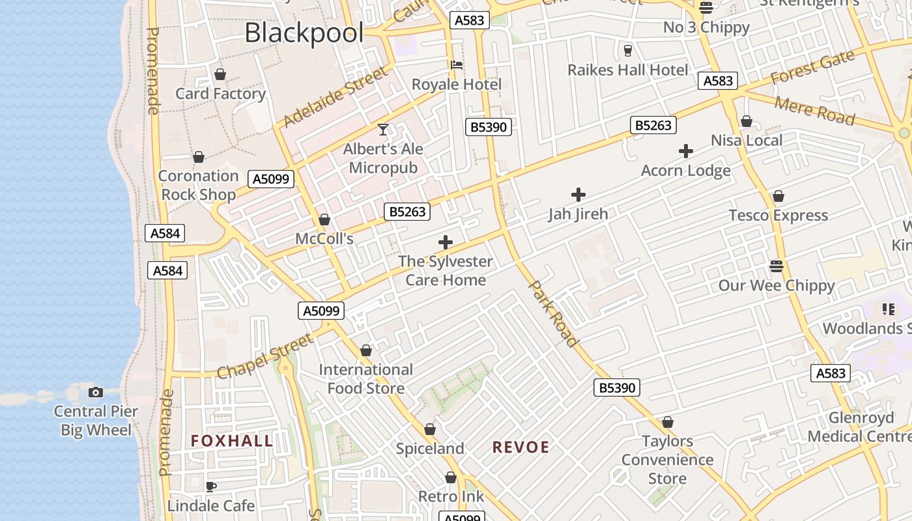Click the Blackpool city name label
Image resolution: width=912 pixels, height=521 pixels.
(x=304, y=33)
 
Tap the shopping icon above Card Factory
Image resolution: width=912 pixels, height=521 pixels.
(x=220, y=74)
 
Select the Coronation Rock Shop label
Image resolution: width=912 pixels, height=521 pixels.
(x=198, y=185)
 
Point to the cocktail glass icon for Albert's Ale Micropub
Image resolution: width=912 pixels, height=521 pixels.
(x=383, y=130)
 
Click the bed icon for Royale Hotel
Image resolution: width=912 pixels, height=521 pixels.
(x=457, y=65)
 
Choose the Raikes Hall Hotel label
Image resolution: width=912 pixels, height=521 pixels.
(x=627, y=70)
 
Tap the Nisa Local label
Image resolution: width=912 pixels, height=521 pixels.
(x=747, y=140)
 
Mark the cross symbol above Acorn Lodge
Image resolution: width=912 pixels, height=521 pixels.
(x=685, y=151)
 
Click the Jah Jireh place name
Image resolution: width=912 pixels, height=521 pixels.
(x=578, y=214)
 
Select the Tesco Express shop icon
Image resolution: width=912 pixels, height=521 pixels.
(x=778, y=196)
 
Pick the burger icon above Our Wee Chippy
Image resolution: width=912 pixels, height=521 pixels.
(x=776, y=266)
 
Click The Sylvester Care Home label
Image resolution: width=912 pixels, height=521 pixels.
(x=446, y=270)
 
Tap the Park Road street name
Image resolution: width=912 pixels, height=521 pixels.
(x=553, y=313)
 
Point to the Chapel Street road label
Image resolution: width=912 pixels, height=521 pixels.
(x=264, y=357)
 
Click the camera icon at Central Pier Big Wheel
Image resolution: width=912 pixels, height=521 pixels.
(x=96, y=392)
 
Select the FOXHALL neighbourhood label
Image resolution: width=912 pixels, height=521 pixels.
(x=232, y=441)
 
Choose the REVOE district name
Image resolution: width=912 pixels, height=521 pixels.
(x=520, y=447)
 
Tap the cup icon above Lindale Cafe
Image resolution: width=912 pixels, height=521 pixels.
(x=210, y=486)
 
